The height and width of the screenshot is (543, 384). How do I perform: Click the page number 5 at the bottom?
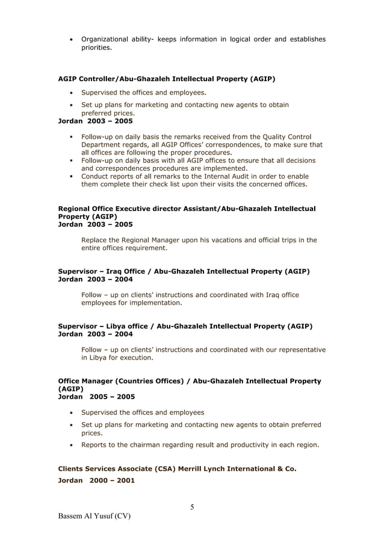192,507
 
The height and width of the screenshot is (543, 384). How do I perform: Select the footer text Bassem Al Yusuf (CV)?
94,517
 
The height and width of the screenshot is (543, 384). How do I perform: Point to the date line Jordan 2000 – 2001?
96,480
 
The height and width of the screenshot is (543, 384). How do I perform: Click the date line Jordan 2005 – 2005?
96,397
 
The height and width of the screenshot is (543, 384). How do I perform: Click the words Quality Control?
286,137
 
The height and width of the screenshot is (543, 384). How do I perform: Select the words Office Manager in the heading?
84,381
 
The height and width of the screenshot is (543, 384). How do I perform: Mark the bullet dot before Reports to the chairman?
72,446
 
